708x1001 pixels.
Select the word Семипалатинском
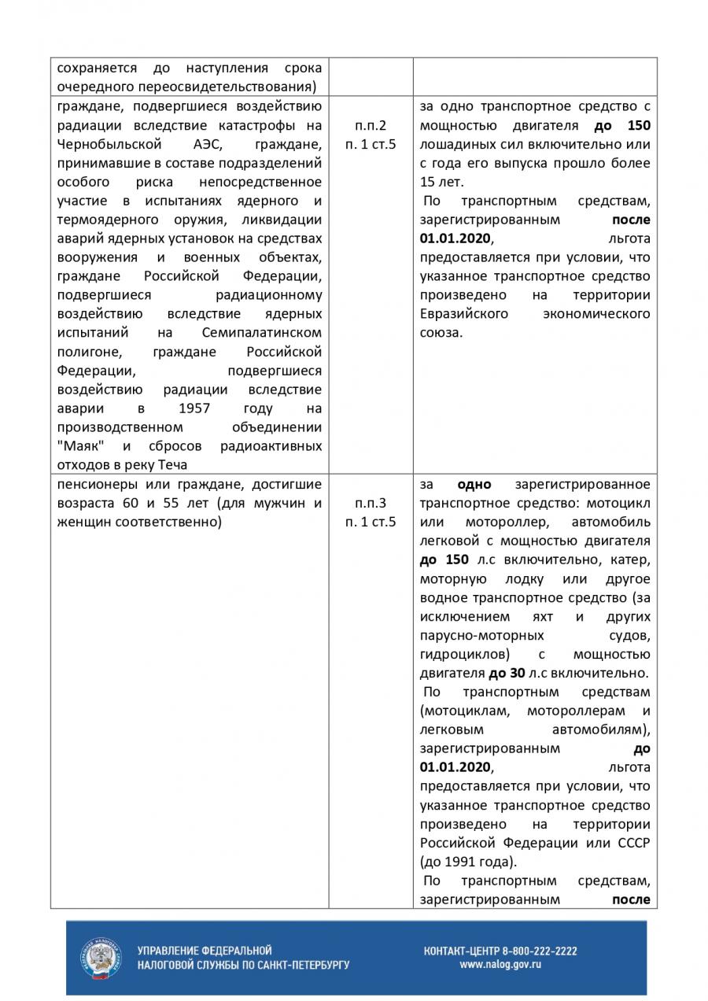262,333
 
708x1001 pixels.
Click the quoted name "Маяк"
81,446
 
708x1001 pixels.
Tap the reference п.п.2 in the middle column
371,126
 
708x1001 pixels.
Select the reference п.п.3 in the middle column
371,503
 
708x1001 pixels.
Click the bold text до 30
507,673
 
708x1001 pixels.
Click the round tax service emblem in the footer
101,958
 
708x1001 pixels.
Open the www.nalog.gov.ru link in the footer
500,964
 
